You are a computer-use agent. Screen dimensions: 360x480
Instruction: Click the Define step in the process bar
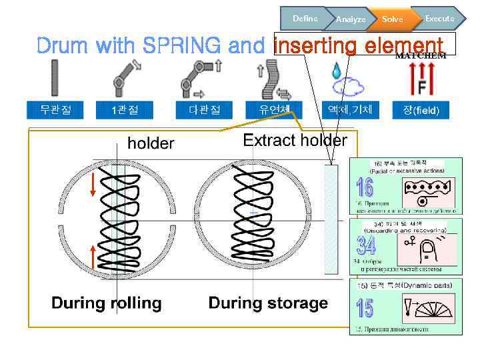[304, 19]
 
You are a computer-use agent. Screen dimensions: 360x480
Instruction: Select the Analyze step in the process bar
[350, 20]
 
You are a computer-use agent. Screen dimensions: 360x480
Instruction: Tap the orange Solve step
[392, 20]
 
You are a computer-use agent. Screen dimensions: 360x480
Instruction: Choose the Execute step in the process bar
[439, 19]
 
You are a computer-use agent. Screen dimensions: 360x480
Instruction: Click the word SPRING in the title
[177, 46]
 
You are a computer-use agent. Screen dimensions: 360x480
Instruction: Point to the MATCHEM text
[421, 56]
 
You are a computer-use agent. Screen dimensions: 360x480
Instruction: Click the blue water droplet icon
[336, 70]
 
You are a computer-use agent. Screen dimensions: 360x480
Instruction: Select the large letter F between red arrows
[422, 87]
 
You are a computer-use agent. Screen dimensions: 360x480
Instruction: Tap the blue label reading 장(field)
[421, 110]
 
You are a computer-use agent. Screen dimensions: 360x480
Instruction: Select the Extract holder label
[295, 141]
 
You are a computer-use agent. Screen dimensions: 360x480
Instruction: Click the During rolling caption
[107, 303]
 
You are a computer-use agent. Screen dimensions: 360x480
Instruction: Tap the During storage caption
[268, 303]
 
